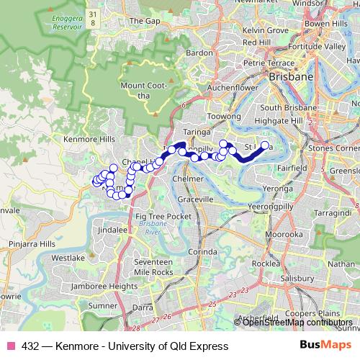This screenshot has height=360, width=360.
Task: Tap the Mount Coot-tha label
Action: [148, 91]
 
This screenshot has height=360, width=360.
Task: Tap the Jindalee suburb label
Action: [113, 230]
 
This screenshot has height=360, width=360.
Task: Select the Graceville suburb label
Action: [197, 199]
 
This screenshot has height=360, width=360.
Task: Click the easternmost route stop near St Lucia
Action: [264, 146]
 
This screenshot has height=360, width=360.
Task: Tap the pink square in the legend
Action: [9, 346]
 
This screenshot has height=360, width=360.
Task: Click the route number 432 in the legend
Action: [30, 346]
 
